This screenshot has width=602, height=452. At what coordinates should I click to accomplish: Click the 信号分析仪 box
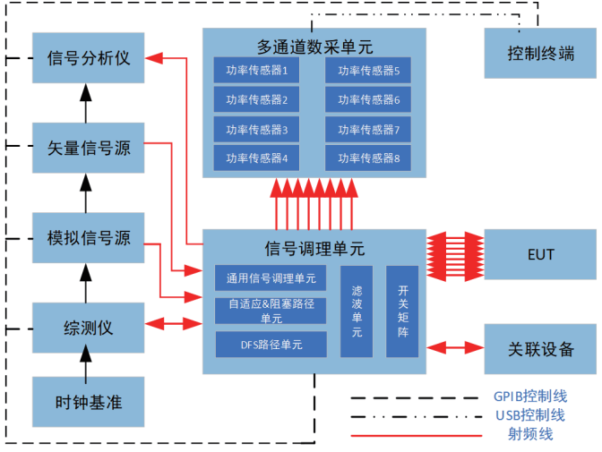click(x=87, y=57)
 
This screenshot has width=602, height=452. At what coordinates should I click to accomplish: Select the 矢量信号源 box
click(x=87, y=147)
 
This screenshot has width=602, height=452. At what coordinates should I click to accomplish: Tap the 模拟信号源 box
click(x=87, y=237)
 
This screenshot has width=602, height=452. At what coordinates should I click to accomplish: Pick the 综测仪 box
click(x=87, y=327)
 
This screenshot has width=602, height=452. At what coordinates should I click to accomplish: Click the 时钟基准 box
click(x=87, y=401)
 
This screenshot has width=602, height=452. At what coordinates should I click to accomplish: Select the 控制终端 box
click(x=540, y=54)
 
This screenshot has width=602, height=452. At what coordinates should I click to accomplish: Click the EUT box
click(x=540, y=255)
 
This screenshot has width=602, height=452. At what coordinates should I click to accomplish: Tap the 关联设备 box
click(x=540, y=348)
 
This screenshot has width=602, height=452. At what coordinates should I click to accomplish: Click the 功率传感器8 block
click(x=368, y=158)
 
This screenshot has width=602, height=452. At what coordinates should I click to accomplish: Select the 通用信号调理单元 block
click(x=271, y=278)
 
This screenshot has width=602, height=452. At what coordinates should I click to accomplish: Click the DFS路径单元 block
click(x=271, y=344)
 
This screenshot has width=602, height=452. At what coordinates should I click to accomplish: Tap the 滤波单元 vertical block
click(x=356, y=311)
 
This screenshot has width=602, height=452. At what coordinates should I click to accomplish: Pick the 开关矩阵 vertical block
click(x=401, y=311)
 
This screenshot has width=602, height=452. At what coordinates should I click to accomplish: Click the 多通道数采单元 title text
click(x=313, y=45)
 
